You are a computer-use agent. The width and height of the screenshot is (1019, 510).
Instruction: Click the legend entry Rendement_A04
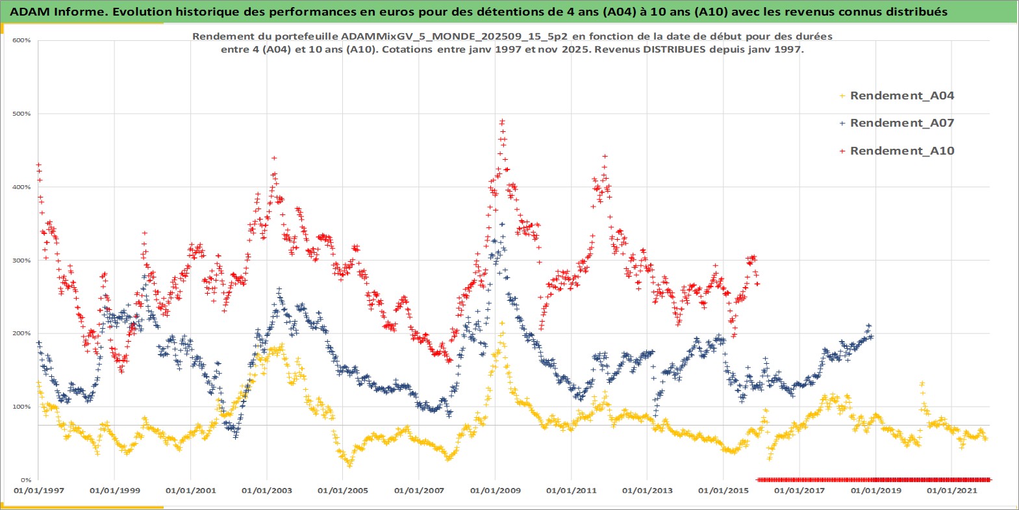click(x=901, y=96)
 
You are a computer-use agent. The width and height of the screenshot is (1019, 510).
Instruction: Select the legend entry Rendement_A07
click(x=901, y=123)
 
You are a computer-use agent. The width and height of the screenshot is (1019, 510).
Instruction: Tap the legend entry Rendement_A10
click(x=901, y=151)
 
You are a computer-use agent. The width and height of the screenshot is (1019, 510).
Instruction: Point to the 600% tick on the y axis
click(x=21, y=40)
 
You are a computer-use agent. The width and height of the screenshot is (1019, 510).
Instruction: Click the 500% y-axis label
click(x=21, y=114)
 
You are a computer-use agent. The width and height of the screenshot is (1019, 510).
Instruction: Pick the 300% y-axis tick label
click(x=21, y=261)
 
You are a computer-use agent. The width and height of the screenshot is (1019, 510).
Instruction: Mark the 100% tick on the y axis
click(x=21, y=407)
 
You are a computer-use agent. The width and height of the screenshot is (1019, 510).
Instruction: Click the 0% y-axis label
click(x=25, y=480)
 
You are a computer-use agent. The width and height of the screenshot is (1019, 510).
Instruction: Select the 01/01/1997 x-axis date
click(x=39, y=491)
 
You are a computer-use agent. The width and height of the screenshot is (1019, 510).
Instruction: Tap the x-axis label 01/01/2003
click(x=267, y=491)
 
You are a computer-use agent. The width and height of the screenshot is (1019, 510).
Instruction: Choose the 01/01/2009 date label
click(x=496, y=491)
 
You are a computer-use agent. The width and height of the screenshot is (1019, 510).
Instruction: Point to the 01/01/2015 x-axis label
click(x=723, y=491)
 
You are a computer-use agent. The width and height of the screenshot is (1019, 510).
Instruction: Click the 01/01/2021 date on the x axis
click(x=951, y=491)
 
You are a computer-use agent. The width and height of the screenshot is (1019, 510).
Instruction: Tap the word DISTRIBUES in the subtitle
click(x=674, y=49)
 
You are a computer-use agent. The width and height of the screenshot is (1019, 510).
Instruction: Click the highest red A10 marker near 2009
click(x=502, y=121)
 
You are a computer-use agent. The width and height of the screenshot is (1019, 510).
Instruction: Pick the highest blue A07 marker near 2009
click(x=501, y=224)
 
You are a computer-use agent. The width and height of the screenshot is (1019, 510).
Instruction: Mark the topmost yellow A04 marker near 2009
click(x=501, y=323)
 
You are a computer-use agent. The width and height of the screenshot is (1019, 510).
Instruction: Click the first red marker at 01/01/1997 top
click(x=38, y=165)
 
